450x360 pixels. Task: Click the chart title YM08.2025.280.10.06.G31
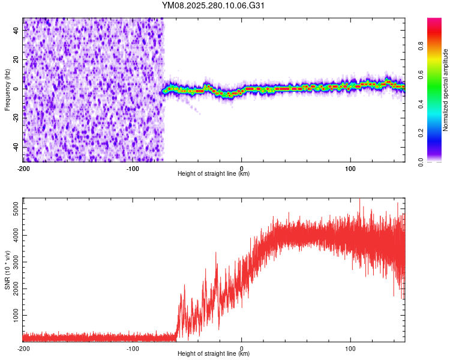(214, 5)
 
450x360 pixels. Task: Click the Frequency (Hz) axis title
(7, 89)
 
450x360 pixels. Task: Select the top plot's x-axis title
(214, 174)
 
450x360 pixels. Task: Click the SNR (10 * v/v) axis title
(7, 269)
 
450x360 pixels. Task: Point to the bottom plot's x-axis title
(214, 354)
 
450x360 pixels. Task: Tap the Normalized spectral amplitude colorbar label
(446, 90)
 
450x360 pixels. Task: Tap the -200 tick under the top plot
(23, 167)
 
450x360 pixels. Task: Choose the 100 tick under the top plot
(350, 167)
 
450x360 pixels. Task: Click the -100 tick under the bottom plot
(133, 348)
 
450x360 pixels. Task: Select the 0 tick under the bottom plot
(242, 348)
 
